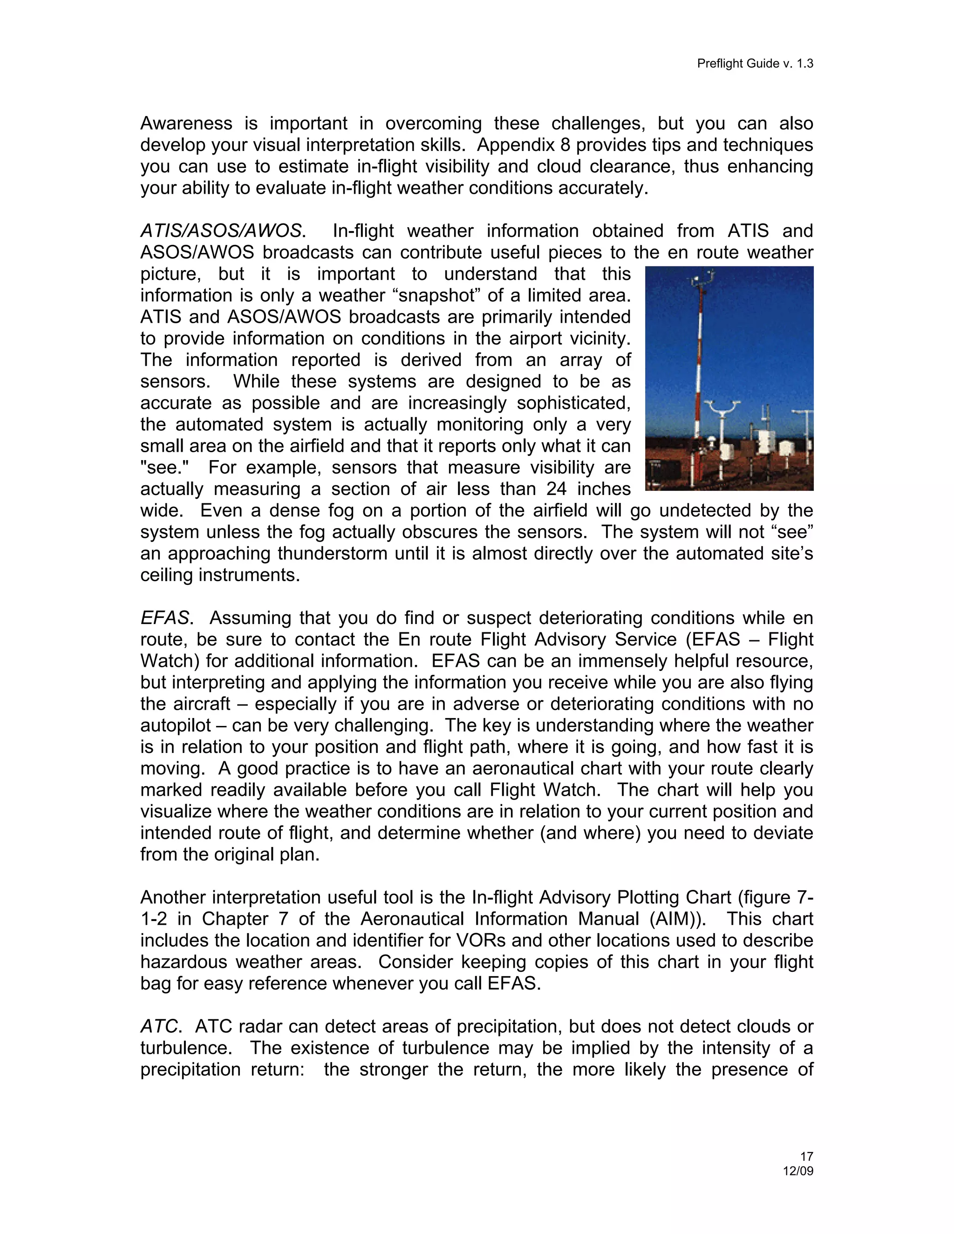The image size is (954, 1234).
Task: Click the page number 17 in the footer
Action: coord(806,1157)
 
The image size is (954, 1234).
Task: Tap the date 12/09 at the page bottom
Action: coord(797,1171)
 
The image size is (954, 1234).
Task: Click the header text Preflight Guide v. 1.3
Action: coord(755,63)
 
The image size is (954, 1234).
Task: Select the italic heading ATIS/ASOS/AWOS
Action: coord(220,231)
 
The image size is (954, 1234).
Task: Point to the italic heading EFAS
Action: coord(164,618)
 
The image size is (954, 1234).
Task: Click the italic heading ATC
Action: coord(159,1027)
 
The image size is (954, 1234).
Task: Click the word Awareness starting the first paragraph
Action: coord(186,124)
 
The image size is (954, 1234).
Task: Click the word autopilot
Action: coord(175,725)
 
